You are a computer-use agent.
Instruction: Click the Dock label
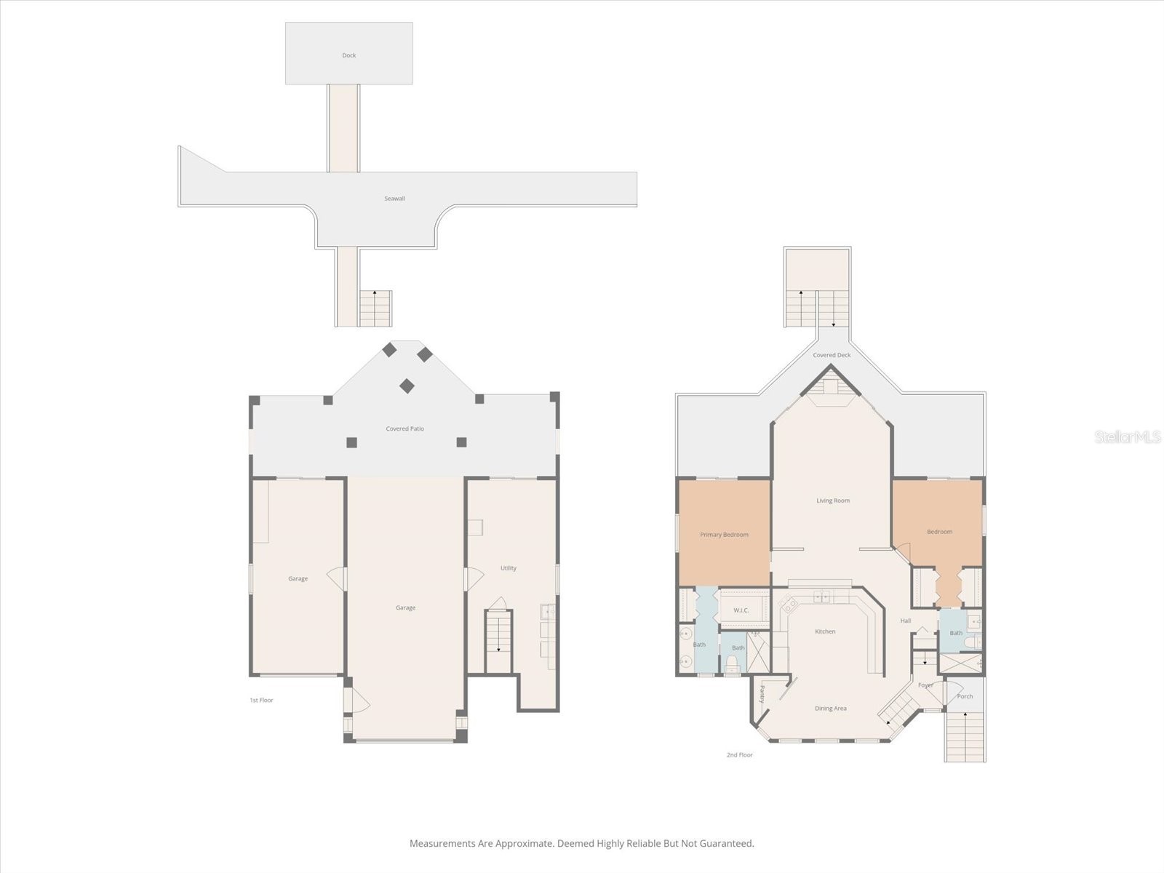click(348, 55)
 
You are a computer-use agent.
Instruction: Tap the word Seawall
click(394, 198)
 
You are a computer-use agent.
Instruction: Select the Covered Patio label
click(404, 428)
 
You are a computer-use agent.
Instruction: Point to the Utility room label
click(508, 567)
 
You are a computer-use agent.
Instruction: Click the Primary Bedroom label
click(724, 534)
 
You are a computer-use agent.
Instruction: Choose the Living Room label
click(832, 501)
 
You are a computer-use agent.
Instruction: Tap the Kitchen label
click(824, 631)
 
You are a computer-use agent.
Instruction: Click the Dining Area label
click(831, 708)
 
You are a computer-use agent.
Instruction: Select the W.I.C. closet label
click(741, 610)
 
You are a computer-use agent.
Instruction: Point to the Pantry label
click(762, 694)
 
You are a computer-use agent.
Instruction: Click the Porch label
click(965, 696)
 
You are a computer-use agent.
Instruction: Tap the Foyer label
click(925, 685)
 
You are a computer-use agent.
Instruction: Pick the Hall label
click(905, 620)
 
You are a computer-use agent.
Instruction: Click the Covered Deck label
click(832, 354)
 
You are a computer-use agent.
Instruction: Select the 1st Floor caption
click(261, 700)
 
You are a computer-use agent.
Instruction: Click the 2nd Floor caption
click(739, 754)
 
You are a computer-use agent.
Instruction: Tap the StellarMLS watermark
click(1128, 436)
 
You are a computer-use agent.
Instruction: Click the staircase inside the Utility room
click(498, 642)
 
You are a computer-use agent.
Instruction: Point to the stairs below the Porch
click(965, 736)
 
